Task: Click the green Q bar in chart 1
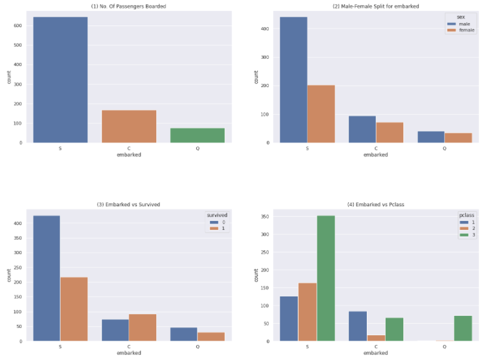tap(197, 136)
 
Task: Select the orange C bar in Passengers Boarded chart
tap(129, 126)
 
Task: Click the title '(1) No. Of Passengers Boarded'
tap(129, 7)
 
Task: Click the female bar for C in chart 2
tap(389, 133)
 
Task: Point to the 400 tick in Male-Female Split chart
tap(265, 29)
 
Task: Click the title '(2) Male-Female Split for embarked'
tap(375, 7)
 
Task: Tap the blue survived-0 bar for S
tap(47, 278)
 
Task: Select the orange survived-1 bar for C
tap(142, 327)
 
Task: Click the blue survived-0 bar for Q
tap(183, 334)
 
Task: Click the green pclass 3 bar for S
tap(326, 278)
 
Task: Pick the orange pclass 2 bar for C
tap(375, 338)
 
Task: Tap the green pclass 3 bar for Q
tap(463, 328)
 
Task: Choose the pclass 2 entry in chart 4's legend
tap(469, 229)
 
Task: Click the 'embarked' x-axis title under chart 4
tap(375, 353)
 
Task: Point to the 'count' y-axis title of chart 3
tap(8, 275)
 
